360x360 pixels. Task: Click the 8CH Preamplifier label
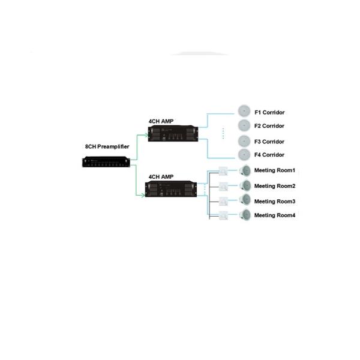[106, 146]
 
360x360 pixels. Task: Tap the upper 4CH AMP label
[161, 121]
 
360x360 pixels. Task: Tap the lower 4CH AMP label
[161, 177]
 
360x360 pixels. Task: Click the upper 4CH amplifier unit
[173, 136]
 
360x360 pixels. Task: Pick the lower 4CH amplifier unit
[173, 191]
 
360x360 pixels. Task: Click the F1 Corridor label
[269, 112]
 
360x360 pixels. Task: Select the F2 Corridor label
[269, 126]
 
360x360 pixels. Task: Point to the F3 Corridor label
[269, 142]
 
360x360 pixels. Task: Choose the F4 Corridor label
[269, 155]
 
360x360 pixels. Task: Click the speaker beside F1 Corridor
[244, 112]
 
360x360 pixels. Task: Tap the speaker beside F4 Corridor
[244, 155]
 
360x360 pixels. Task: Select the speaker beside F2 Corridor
[244, 125]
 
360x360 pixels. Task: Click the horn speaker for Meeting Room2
[244, 186]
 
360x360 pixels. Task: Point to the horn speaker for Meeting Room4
[244, 215]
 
